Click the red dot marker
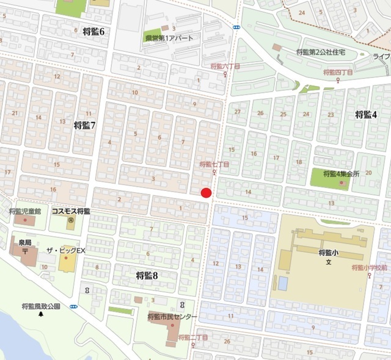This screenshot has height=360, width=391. pos(206,193)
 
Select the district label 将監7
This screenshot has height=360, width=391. pos(85,125)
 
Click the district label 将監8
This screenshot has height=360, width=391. pos(147,276)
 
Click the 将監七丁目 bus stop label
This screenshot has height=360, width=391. pos(214,165)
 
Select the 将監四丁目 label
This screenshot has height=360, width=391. pos(339,73)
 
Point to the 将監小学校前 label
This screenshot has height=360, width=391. pos(370,267)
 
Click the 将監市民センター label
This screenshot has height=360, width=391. pos(172,317)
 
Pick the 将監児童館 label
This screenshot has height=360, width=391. pos(25,211)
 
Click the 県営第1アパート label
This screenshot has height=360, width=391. pos(169,38)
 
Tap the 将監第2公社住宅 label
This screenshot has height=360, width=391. pos(321,52)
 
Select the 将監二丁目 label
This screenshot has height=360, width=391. pos(194,337)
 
